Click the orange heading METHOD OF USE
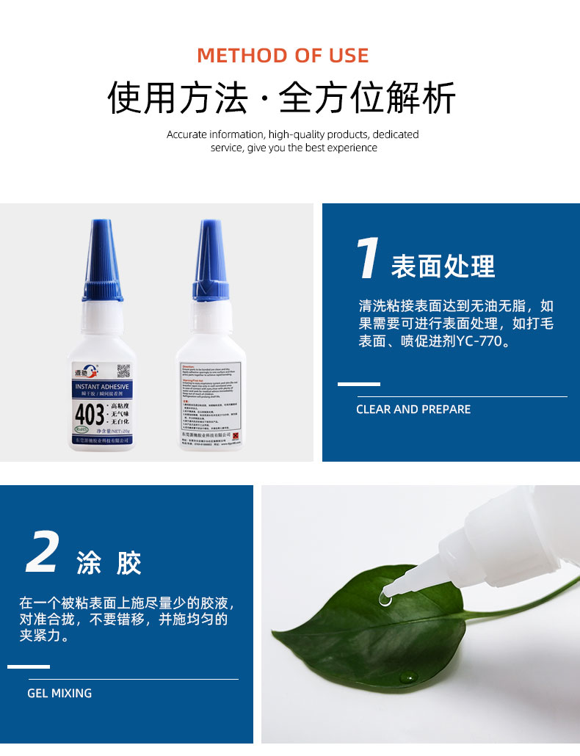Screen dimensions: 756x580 [283, 56]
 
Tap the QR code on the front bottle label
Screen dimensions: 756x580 [123, 371]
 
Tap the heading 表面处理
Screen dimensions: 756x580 [443, 266]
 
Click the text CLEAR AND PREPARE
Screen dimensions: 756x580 [413, 410]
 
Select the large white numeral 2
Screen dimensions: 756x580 [42, 553]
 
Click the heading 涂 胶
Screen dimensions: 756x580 [109, 564]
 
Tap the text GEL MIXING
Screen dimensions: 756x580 [59, 693]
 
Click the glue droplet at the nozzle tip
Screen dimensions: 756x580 [384, 598]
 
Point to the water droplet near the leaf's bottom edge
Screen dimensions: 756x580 [408, 677]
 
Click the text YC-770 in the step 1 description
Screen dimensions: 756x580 [482, 342]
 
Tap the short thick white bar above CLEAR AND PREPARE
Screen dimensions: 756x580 [358, 384]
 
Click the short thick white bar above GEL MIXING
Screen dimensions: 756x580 [29, 666]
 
